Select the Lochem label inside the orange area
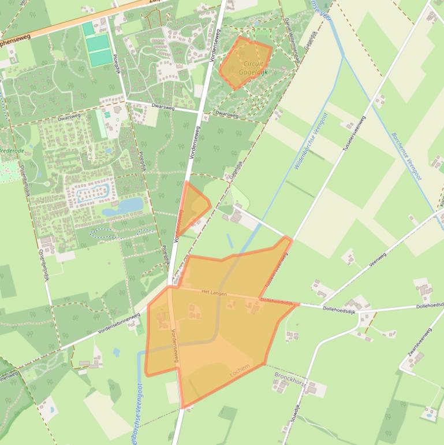coord(240,370)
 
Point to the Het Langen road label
coord(214,294)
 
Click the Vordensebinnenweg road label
coord(118,323)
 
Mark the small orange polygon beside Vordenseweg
coord(193,206)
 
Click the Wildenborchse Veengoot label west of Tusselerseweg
coord(310,141)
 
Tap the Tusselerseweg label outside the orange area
coord(355,133)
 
